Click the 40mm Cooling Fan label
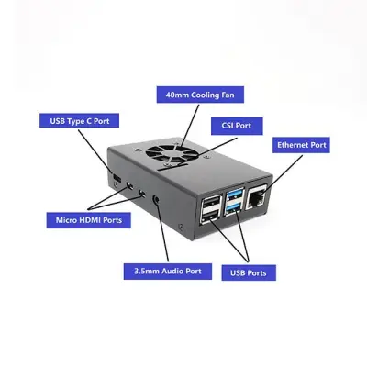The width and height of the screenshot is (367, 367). tap(200, 95)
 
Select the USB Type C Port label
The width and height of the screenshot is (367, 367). tap(79, 121)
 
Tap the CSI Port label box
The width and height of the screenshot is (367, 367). tap(237, 126)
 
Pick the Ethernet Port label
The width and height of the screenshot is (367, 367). tap(301, 145)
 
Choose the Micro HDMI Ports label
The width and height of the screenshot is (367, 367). tap(89, 220)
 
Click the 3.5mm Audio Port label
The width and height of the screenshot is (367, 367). tap(168, 272)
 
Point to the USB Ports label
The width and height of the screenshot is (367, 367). tap(249, 272)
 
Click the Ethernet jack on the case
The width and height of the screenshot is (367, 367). tap(256, 197)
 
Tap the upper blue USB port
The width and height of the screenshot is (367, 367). tap(235, 195)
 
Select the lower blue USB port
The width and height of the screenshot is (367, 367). tap(235, 208)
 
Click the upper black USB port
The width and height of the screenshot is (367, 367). tap(211, 202)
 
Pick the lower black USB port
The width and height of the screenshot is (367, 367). tap(211, 217)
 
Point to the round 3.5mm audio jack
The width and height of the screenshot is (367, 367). tap(156, 200)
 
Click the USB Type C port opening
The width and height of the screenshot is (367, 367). tap(117, 177)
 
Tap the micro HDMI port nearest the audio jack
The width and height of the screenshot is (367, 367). tap(142, 193)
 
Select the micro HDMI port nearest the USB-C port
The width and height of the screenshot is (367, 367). tap(129, 185)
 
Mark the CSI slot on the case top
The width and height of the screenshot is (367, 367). tap(172, 166)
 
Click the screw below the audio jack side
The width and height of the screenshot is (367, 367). tap(182, 228)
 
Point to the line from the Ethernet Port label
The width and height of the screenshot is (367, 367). tap(283, 173)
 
